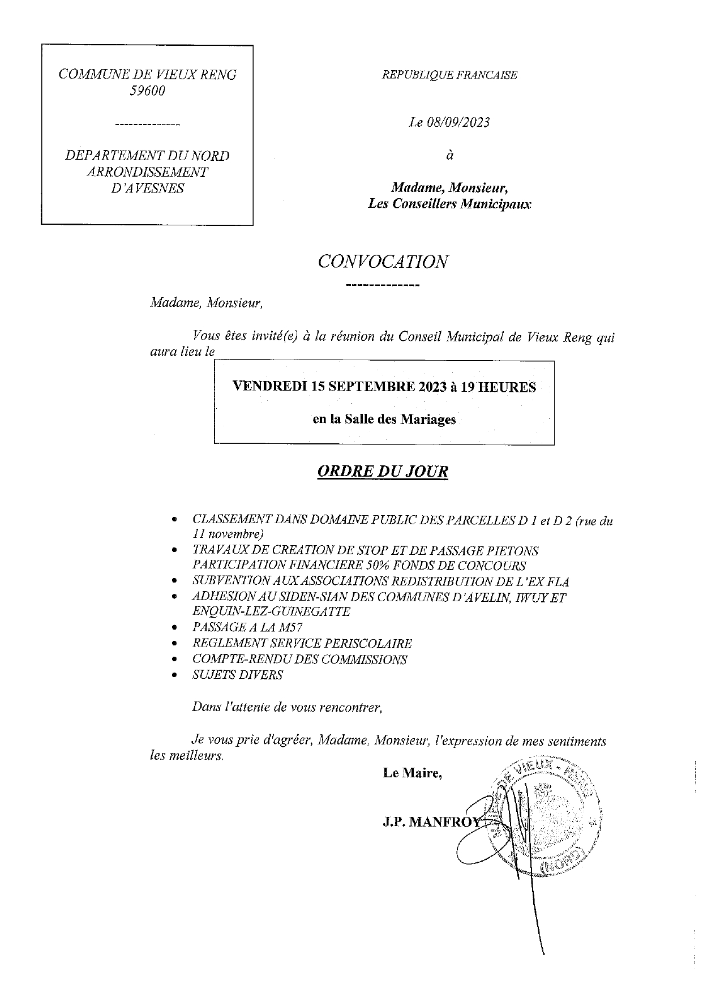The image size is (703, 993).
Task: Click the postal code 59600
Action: [x=147, y=91]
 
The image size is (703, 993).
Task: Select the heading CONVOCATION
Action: [x=383, y=262]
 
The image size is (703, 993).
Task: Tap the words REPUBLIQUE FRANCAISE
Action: [x=450, y=75]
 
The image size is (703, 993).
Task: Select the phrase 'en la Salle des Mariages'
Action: [x=384, y=420]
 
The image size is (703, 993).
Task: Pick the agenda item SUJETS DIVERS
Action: [x=238, y=675]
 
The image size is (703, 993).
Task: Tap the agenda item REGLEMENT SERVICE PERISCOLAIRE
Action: [x=302, y=644]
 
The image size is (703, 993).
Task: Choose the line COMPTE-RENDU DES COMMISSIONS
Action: [x=299, y=660]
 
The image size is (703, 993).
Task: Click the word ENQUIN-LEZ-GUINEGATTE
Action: [x=271, y=611]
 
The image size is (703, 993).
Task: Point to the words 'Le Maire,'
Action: [x=412, y=773]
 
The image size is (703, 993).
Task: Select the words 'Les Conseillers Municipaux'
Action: [x=449, y=204]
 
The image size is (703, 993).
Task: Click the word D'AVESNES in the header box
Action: [x=147, y=189]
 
